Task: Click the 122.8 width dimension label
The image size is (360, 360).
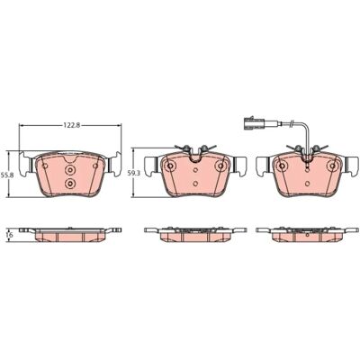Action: [x=71, y=125]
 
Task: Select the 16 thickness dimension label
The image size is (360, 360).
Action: [x=10, y=235]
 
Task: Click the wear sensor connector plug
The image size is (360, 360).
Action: [x=254, y=123]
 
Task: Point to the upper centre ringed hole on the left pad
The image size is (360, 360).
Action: [x=70, y=170]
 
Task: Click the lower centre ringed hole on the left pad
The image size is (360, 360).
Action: [x=70, y=184]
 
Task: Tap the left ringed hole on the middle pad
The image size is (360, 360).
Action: [x=170, y=166]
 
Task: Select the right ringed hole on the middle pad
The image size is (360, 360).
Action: [x=221, y=166]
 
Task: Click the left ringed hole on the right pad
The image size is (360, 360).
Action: [x=282, y=166]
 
